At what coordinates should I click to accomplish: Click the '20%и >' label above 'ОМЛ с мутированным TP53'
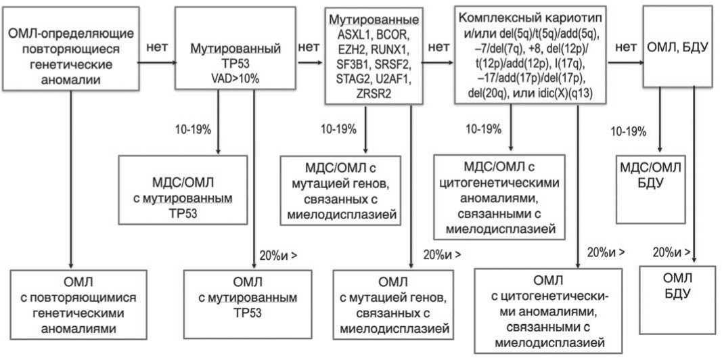278,256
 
